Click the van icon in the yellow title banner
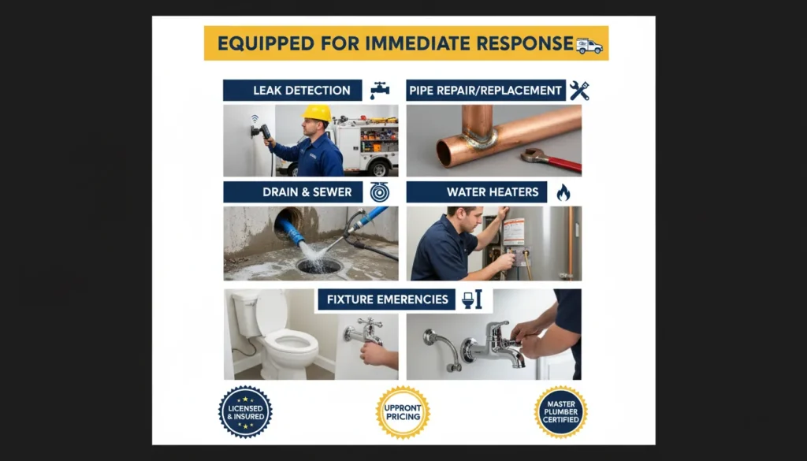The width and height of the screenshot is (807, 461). (589, 46)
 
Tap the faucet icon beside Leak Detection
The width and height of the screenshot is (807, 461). (380, 90)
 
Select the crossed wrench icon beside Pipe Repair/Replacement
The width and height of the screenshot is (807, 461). (579, 90)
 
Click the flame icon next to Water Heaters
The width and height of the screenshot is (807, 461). (563, 192)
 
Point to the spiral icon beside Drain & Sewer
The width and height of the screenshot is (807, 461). (380, 192)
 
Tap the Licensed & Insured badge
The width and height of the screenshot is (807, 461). (245, 411)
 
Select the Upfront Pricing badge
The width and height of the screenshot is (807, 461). (403, 412)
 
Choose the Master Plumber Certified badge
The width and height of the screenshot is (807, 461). (560, 411)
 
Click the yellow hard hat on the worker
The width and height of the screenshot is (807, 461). (317, 113)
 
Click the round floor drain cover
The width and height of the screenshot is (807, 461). (320, 266)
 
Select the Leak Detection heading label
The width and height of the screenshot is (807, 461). (292, 90)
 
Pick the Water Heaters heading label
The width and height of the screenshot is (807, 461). (481, 192)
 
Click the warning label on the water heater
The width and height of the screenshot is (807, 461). (514, 232)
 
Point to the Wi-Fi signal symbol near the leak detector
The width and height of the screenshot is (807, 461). (255, 118)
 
